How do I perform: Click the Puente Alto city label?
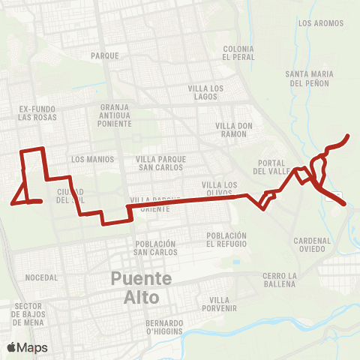point(142,287)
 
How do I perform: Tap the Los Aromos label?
point(321,23)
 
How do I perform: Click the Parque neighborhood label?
point(105,55)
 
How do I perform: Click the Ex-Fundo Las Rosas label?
point(38,112)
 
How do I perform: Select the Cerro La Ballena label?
point(280,280)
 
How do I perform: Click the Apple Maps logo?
point(27,347)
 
